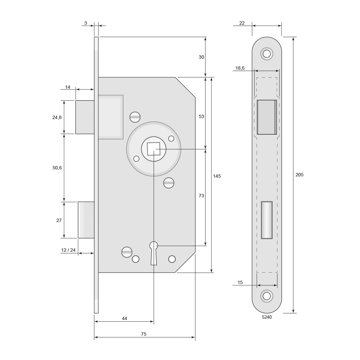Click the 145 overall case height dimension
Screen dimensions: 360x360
pos(217,176)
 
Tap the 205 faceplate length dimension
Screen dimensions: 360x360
pos(299,175)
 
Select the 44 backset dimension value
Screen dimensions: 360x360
pos(124,318)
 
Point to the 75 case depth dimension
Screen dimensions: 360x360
pos(143,334)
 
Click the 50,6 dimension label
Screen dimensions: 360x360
pos(57,168)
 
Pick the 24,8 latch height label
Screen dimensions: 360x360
pos(57,118)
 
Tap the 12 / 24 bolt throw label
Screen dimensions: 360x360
pos(68,250)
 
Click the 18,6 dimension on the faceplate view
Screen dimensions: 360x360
pos(240,68)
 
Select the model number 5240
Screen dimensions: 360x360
pos(267,317)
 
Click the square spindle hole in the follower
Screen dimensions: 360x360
pos(153,149)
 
